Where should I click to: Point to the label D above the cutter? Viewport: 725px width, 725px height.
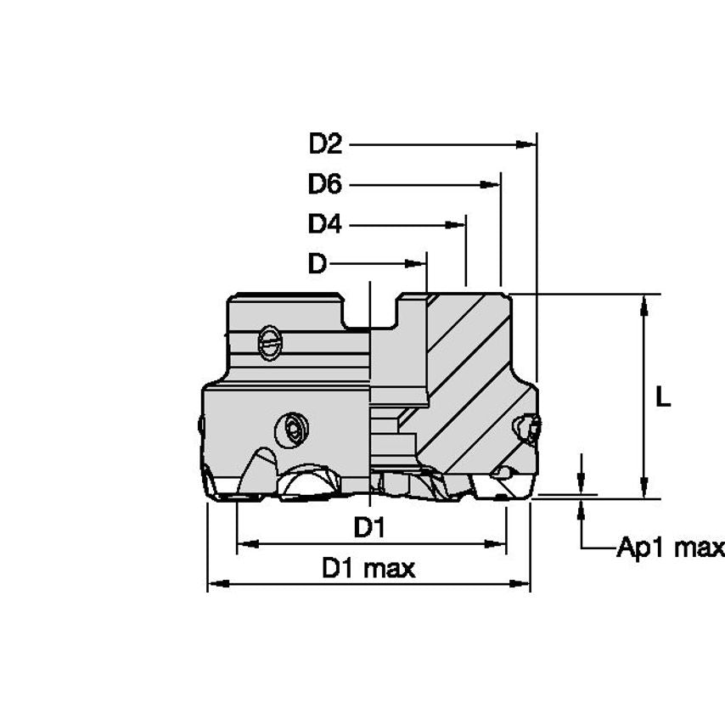tap(317, 264)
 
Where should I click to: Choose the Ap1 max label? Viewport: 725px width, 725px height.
tap(670, 548)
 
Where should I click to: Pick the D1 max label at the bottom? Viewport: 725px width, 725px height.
tap(368, 569)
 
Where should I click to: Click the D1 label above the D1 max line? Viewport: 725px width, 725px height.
tap(369, 529)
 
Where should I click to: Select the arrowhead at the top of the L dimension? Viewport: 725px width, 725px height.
tap(647, 302)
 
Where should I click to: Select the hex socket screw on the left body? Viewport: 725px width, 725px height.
tap(293, 429)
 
